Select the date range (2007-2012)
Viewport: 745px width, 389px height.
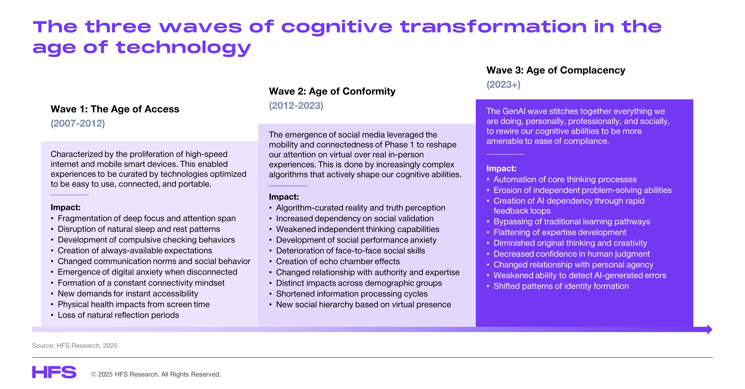click(78, 124)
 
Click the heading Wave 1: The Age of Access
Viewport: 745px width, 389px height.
click(115, 109)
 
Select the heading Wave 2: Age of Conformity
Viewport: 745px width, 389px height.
click(332, 91)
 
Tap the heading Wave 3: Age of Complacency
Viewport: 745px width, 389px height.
click(555, 70)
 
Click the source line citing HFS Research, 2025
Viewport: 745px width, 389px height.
click(75, 346)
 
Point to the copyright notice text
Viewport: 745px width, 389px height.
click(156, 374)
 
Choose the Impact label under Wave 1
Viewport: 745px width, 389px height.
click(65, 207)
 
